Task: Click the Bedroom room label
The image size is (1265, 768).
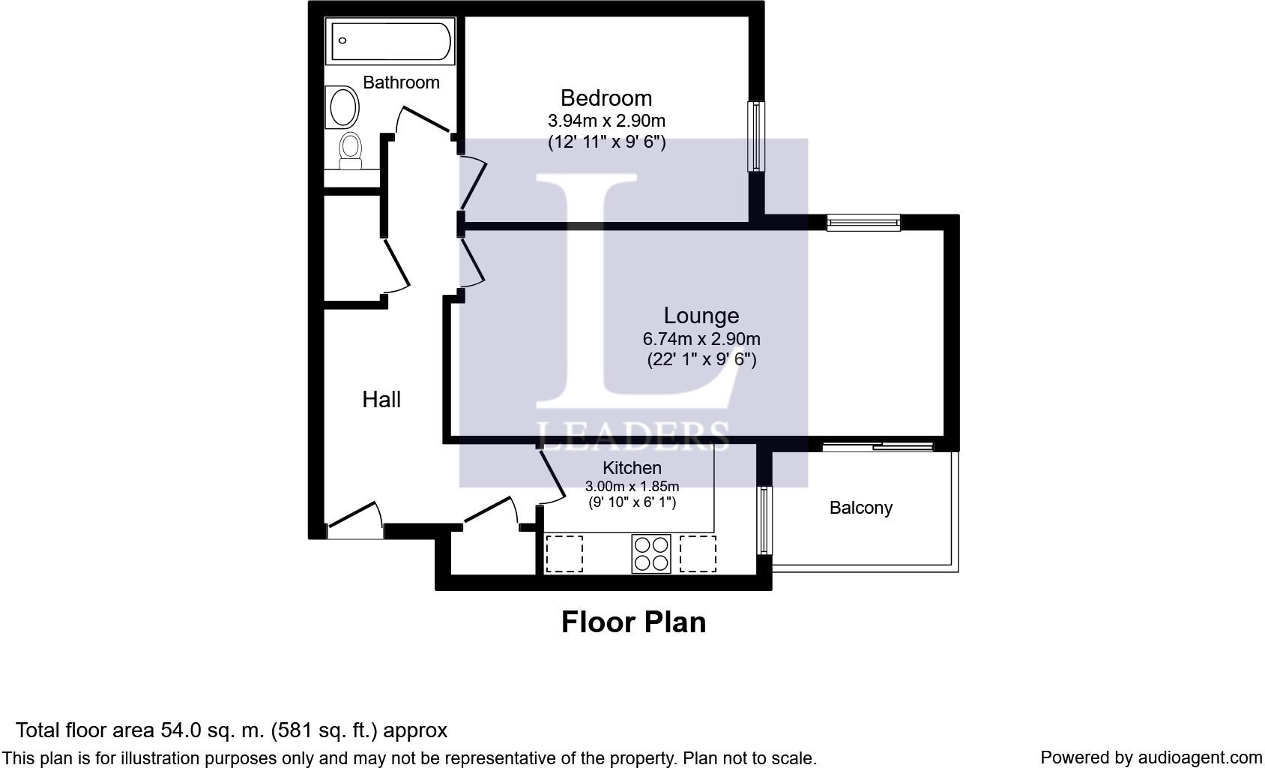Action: point(606,98)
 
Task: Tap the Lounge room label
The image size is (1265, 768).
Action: point(701,315)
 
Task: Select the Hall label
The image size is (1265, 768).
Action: point(381,400)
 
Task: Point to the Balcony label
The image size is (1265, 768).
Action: point(860,508)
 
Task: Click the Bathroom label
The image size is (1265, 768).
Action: point(401,82)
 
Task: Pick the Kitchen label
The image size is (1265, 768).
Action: point(632,468)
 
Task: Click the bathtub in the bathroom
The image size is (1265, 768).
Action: point(390,40)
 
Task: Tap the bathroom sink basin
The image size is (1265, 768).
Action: point(342,107)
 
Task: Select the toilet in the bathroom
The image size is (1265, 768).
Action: point(350,151)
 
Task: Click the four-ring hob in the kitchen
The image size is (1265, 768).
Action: point(651,553)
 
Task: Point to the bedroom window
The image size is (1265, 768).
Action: point(756,136)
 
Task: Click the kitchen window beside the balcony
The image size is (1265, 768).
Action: point(764,521)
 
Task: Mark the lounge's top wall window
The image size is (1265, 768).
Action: point(863,223)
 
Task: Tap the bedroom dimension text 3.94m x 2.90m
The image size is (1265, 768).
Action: point(606,121)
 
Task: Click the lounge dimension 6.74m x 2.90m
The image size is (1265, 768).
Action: point(701,339)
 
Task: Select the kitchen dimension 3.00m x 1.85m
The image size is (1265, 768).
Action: point(632,486)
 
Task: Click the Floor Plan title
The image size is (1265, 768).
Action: point(634,622)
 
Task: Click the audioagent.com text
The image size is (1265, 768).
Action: point(1200,757)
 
